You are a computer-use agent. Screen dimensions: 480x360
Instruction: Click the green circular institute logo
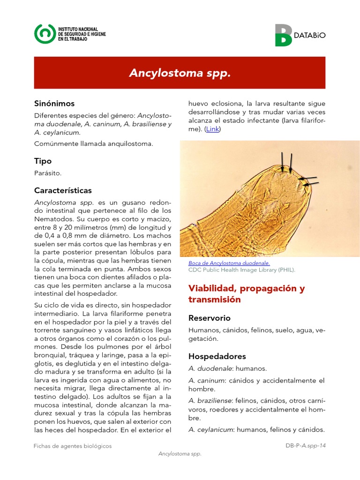[x=44, y=34]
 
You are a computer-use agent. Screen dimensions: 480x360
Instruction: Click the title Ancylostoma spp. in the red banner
[x=180, y=73]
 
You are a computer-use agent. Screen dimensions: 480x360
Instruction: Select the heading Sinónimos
[x=54, y=104]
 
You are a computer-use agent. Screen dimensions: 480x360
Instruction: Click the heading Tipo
[x=43, y=161]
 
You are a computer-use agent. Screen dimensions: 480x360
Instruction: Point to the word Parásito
[x=48, y=173]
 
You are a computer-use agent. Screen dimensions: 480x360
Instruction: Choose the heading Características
[x=63, y=191]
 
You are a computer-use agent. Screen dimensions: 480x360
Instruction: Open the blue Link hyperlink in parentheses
[x=212, y=129]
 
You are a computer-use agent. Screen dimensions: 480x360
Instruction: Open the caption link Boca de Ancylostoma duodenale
[x=229, y=263]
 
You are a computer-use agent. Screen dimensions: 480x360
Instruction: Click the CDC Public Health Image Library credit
[x=241, y=270]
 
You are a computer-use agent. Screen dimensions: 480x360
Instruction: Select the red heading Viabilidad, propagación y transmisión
[x=246, y=294]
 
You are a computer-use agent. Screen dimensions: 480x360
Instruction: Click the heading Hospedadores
[x=217, y=356]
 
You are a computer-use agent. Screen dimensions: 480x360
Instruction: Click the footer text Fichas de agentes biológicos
[x=73, y=446]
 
